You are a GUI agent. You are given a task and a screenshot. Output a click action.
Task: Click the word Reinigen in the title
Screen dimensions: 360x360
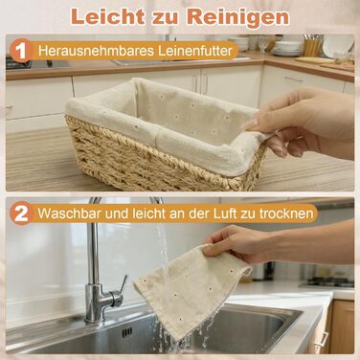coord(238,17)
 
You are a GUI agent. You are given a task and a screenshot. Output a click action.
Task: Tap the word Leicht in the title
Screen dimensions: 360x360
coord(107,16)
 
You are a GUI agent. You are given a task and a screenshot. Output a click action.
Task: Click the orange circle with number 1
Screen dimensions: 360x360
coord(21,51)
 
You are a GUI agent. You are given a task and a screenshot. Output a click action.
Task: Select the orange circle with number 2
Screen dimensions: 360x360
coord(21,214)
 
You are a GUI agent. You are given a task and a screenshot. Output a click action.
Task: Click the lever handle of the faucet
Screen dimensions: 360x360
coord(123,284)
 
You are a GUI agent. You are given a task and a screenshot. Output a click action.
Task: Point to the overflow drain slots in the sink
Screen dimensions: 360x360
coord(127,332)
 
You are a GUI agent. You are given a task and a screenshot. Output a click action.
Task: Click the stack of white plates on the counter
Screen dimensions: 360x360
coord(288,49)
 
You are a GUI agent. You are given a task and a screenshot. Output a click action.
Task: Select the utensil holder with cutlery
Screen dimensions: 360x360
coord(312,45)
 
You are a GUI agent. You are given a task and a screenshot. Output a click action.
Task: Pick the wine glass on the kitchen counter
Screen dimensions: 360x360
coord(263,44)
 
